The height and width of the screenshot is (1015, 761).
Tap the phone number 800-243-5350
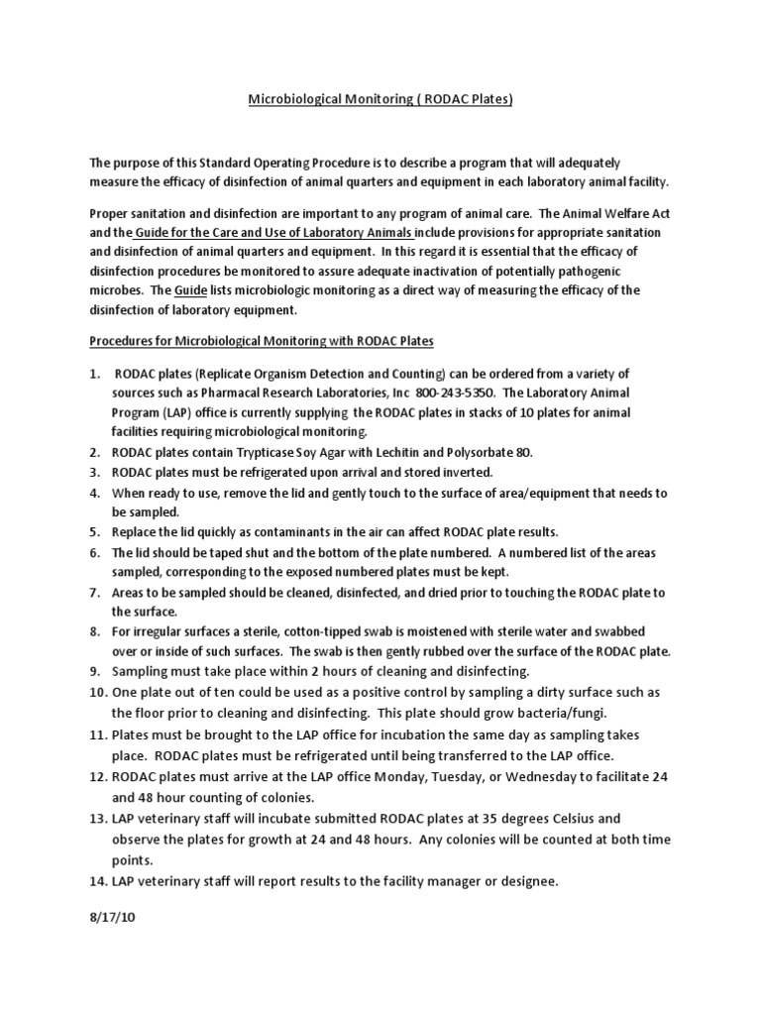pyautogui.click(x=467, y=392)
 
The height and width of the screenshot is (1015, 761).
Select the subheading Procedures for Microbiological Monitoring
pyautogui.click(x=262, y=340)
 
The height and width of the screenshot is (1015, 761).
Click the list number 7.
pyautogui.click(x=95, y=592)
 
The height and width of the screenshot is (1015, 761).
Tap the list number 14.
pyautogui.click(x=98, y=879)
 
